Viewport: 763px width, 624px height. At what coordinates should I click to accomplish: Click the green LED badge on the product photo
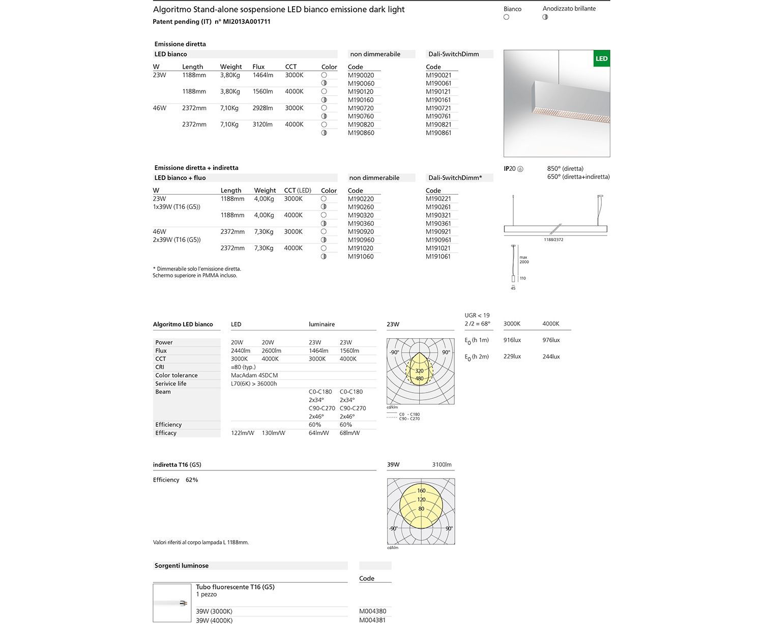(602, 58)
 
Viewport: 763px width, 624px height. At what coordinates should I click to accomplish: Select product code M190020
(361, 75)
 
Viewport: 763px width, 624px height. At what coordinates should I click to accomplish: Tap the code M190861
(438, 133)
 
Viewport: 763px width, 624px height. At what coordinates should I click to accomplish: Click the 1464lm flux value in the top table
(262, 75)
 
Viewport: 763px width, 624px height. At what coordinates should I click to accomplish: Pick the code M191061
(438, 256)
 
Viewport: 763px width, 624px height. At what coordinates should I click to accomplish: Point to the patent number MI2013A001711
(247, 22)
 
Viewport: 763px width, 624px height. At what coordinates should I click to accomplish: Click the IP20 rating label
(510, 169)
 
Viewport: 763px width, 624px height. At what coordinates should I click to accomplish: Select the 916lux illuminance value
(512, 340)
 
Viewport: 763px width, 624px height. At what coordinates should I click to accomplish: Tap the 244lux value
(551, 356)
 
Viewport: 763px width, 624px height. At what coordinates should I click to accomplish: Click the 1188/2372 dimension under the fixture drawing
(553, 240)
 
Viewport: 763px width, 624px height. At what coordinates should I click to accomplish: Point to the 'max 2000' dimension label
(524, 260)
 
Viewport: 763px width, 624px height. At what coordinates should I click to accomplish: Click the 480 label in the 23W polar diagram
(420, 378)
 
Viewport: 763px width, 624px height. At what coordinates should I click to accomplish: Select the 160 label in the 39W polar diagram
(421, 491)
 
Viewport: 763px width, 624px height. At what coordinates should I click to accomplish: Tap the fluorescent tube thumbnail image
(172, 603)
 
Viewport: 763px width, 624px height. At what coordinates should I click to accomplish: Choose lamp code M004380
(372, 611)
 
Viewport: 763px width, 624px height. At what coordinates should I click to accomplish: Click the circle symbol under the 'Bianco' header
(506, 17)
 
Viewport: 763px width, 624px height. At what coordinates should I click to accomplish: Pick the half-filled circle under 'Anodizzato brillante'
(545, 17)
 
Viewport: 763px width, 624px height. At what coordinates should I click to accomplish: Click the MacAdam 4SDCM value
(254, 375)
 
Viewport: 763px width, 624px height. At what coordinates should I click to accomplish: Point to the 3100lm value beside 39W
(442, 465)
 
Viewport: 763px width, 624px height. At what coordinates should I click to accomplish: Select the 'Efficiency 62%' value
(191, 480)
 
